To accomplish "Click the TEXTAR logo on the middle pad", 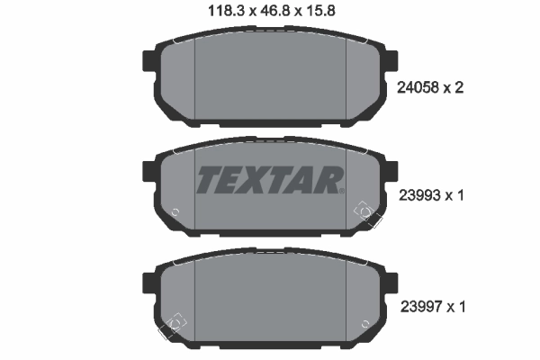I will pos(270,180).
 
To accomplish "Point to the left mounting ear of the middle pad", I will pos(148,171).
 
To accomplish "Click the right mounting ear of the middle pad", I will pos(392,171).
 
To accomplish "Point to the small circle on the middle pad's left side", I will pos(175,213).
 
